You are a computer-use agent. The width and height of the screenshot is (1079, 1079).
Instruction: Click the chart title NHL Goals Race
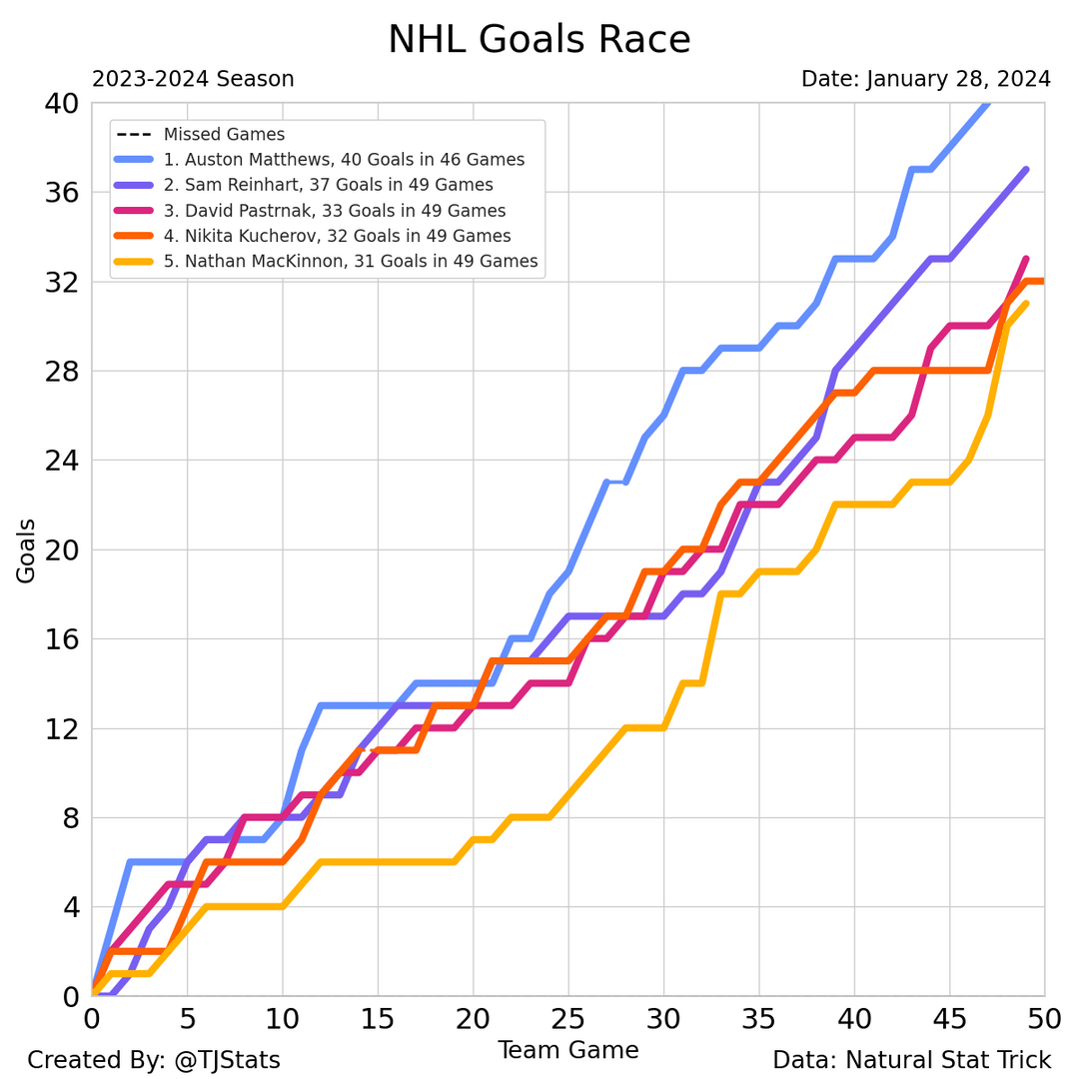539,40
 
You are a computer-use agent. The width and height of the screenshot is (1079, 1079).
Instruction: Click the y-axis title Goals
26,550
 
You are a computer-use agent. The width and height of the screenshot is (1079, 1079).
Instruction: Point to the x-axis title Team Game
567,1050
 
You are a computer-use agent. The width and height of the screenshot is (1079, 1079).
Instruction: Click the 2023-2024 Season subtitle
193,79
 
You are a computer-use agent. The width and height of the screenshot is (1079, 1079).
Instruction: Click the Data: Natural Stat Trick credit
911,1060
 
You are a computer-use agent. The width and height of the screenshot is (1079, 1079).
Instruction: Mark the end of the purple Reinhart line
1026,170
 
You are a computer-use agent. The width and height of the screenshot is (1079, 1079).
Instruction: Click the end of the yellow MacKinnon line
1026,304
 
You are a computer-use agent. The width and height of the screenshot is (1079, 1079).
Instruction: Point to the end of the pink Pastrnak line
1026,260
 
